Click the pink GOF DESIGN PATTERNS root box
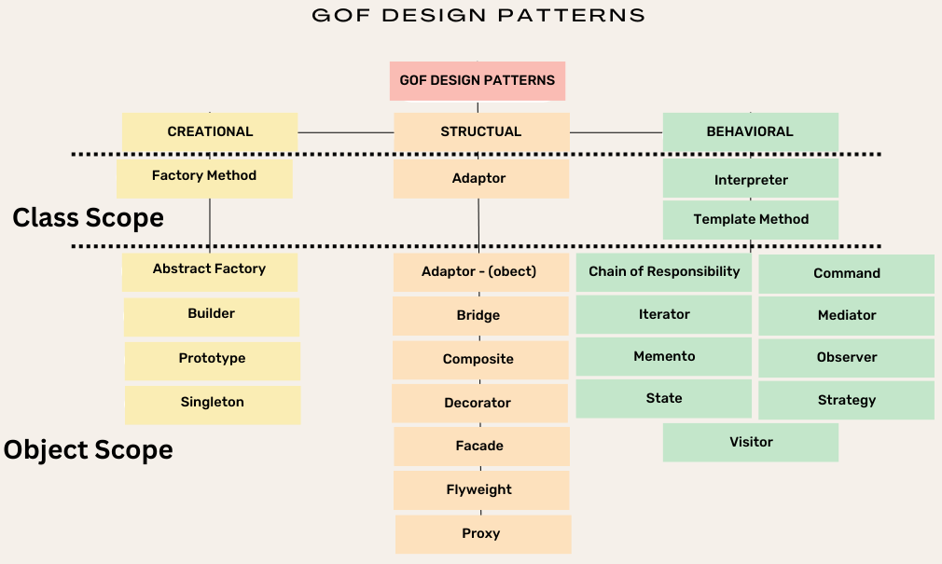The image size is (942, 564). [478, 81]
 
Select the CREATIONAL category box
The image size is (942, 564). [210, 131]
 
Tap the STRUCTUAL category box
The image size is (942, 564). [481, 131]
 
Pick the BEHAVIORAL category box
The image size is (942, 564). [750, 131]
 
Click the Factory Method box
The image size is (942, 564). [204, 177]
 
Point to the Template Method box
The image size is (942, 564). [751, 220]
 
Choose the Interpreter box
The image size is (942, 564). [751, 179]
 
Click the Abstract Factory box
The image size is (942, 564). [210, 271]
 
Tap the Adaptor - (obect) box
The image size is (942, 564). [479, 272]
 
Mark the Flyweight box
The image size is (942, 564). [479, 490]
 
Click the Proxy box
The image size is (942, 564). [482, 534]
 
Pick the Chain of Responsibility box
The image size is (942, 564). [664, 273]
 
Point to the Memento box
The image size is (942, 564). [664, 357]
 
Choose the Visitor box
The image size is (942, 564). [751, 443]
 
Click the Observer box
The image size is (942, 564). [847, 358]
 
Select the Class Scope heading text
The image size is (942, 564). [89, 218]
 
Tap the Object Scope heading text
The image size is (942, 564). [89, 450]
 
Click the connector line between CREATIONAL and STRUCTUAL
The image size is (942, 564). [345, 132]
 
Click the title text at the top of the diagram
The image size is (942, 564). [478, 16]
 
